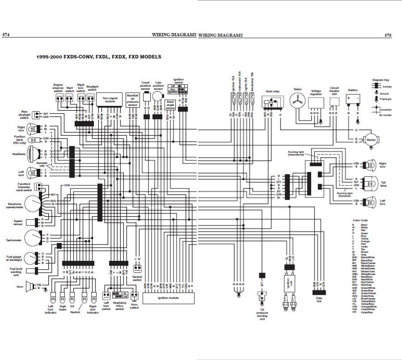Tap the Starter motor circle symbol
point(371,140)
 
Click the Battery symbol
point(353,99)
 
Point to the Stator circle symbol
point(297,102)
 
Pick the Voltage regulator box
point(316,104)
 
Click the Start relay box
point(272,102)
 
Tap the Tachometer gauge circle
point(32,238)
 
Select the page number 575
point(388,35)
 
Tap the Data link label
point(318,303)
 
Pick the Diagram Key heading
point(381,80)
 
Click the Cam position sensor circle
point(157,96)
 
